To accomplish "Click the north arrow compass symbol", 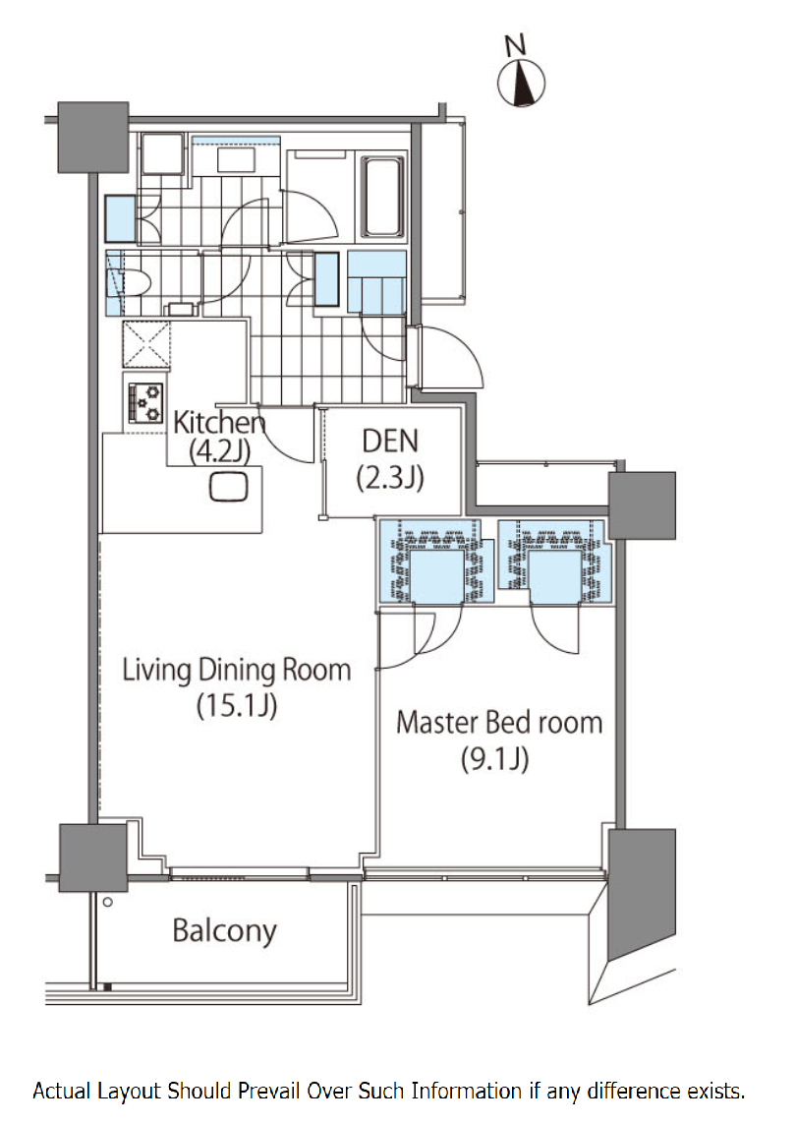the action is point(522,83).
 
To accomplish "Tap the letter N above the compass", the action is point(515,45).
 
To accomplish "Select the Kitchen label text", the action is point(219,422).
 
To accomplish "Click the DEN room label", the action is point(390,442).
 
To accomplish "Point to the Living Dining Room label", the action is point(237,670).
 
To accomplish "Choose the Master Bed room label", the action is point(499,723).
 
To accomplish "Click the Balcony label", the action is point(224,930).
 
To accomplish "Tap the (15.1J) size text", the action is point(237,706).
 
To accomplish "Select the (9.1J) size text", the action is point(495,759).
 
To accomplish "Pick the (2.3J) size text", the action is point(390,477).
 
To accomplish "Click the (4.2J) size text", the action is point(219,451).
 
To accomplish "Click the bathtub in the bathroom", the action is point(382,196).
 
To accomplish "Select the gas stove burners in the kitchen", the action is point(145,402).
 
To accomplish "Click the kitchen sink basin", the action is point(229,487).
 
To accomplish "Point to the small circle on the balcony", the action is point(107,902).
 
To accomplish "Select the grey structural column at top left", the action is point(93,137).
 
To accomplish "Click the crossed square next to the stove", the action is point(146,344).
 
